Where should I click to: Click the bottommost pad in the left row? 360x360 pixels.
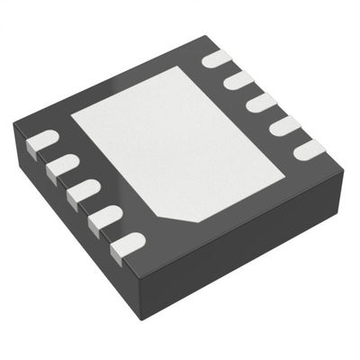130,242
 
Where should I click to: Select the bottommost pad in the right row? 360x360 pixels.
308,148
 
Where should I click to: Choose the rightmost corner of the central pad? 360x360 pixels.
285,170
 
